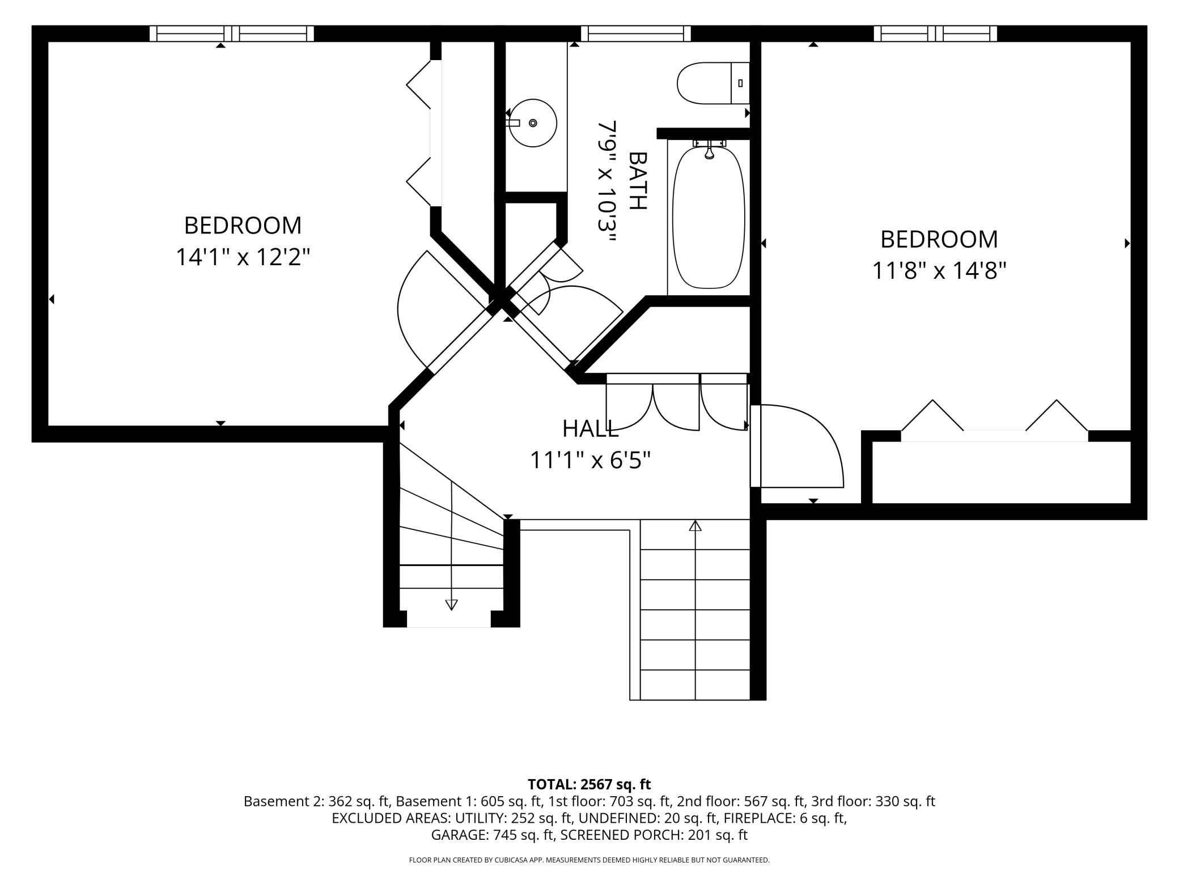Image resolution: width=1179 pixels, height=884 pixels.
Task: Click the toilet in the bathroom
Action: coord(713,83)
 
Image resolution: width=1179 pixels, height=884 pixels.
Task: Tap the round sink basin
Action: coord(533,123)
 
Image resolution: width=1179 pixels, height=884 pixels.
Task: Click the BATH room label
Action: coord(638,181)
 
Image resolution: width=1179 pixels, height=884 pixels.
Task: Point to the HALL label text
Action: coord(590,429)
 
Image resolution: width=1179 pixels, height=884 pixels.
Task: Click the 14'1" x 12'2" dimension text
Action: coord(243,257)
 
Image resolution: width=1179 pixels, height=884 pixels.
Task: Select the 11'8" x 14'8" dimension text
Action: coord(939,270)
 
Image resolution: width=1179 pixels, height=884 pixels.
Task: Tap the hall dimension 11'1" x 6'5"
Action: coord(590,460)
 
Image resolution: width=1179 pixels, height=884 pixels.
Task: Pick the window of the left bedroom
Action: coord(232,33)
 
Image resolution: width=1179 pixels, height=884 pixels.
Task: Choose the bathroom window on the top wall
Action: coord(636,33)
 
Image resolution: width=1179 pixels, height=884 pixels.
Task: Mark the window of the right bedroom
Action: coord(935,33)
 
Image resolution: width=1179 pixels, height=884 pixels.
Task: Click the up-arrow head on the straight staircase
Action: coord(695,525)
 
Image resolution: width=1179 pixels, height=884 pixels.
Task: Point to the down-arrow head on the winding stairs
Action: coord(451,605)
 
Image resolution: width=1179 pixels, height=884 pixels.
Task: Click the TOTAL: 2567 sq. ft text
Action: coord(589,784)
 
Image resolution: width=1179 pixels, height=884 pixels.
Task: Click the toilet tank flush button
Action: coord(740,83)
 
